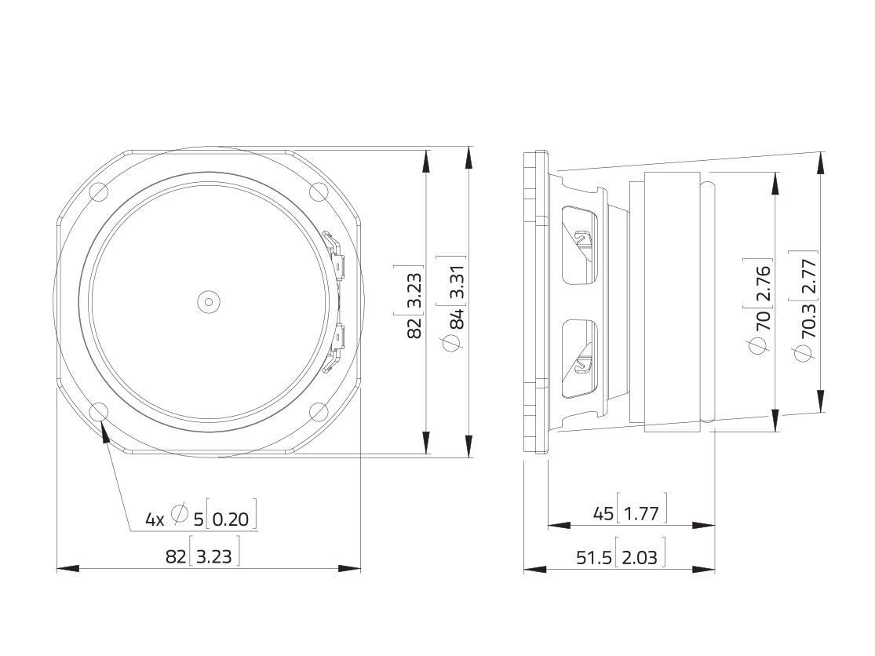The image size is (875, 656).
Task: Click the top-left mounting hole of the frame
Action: pos(99,191)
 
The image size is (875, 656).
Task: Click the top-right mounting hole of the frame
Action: pos(319,191)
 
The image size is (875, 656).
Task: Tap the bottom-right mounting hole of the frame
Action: pos(319,412)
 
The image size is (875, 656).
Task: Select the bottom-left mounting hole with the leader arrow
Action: pos(99,412)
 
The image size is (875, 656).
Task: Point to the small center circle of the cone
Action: pos(208,302)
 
